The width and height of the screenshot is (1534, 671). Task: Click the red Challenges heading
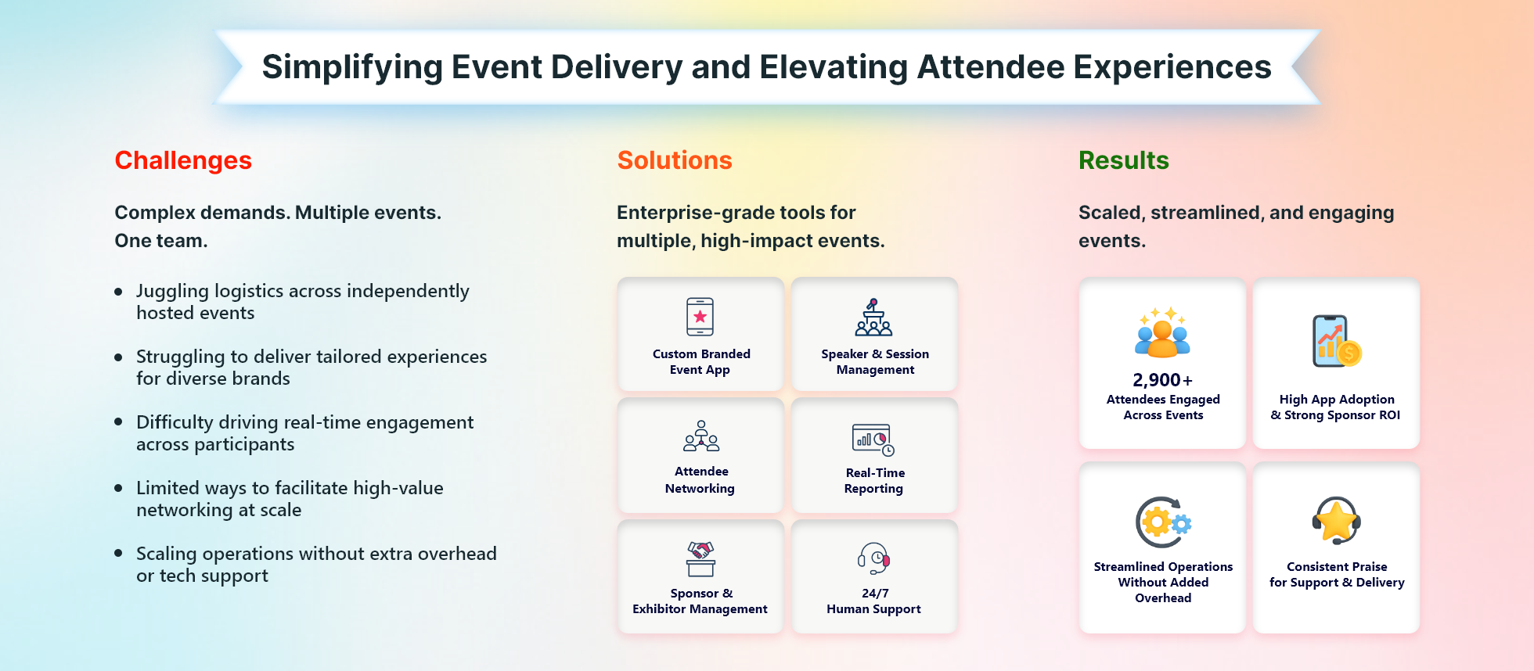pos(183,160)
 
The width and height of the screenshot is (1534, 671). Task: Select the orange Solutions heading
pos(675,160)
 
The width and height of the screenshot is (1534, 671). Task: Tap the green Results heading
pos(1123,160)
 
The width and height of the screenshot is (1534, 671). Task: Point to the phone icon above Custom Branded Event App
pos(700,317)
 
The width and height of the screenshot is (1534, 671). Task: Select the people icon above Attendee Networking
pos(701,436)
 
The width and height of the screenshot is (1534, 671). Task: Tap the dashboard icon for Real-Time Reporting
pos(873,440)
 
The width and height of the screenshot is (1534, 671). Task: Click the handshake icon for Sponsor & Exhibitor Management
pos(700,558)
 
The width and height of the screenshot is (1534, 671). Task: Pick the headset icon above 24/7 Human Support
pos(874,558)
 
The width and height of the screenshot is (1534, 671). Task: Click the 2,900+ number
pos(1163,380)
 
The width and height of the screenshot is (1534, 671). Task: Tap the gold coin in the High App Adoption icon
pos(1349,353)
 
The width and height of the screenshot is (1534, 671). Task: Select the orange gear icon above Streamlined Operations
pos(1157,522)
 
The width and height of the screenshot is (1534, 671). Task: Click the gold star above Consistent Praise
pos(1337,519)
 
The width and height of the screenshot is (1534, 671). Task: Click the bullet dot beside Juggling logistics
pos(118,292)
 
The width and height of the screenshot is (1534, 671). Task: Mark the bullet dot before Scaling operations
pos(118,553)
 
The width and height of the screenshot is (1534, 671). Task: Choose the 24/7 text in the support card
pos(875,593)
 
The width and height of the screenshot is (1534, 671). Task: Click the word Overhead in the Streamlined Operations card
pos(1163,598)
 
